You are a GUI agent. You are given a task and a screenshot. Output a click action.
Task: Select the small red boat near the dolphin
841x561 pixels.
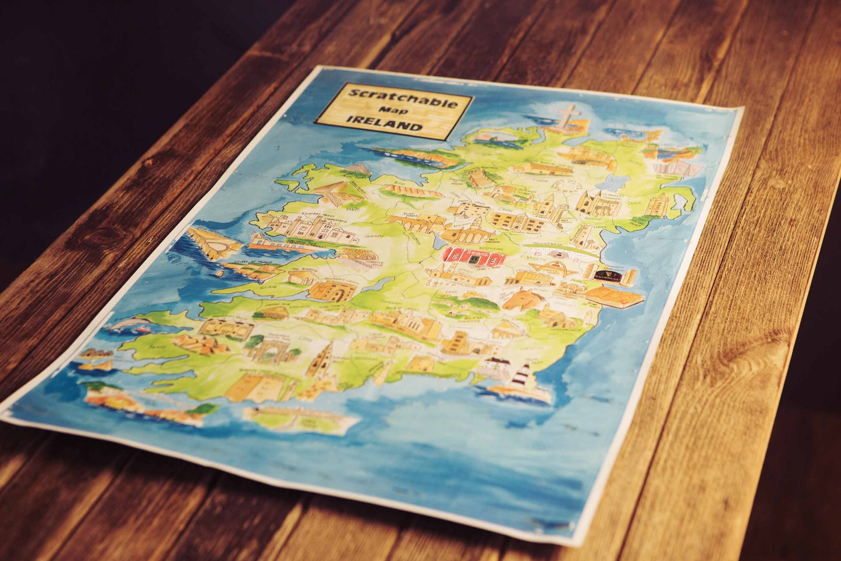pos(143,330)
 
